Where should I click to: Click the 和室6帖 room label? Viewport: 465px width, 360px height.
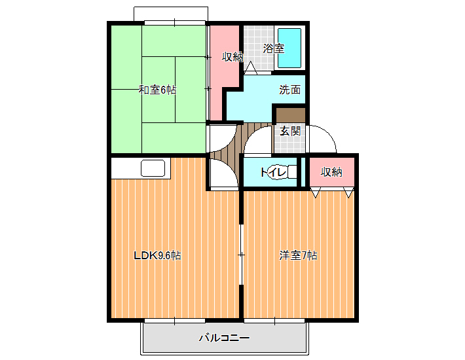pos(157,90)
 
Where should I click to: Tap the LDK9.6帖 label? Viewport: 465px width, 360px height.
pos(157,255)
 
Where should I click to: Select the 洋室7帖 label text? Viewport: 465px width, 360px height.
pos(298,255)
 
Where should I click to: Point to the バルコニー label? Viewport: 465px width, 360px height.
pos(224,338)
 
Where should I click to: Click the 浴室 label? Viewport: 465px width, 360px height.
pos(274,48)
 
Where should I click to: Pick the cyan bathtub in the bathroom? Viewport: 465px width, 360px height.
pos(289,48)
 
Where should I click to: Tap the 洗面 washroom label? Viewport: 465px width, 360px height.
pos(289,90)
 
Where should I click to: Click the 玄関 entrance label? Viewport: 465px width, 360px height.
pos(290,131)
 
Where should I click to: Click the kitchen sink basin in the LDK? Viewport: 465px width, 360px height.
pos(153,168)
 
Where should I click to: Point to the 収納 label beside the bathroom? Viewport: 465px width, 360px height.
pos(232,56)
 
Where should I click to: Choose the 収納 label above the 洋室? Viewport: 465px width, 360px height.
pos(331,172)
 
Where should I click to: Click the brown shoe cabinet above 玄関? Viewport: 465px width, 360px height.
pos(291,115)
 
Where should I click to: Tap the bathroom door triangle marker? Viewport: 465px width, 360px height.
pos(251,67)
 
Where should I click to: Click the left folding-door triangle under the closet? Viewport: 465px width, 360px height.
pos(315,192)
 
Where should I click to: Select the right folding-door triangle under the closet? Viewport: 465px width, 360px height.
pos(348,192)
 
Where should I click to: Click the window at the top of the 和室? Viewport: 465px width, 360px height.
pos(175,22)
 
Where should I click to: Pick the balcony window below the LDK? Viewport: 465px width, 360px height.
pos(175,321)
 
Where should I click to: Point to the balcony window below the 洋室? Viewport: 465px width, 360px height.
pos(274,321)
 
